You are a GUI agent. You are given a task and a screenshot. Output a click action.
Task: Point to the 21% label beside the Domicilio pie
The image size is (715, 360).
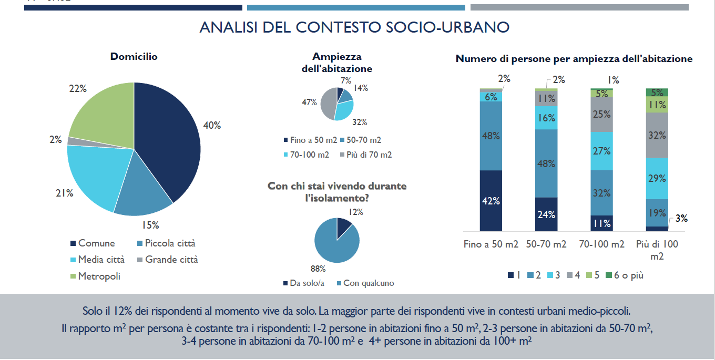click(64, 193)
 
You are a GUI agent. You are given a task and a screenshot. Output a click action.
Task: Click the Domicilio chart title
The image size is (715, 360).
click(134, 57)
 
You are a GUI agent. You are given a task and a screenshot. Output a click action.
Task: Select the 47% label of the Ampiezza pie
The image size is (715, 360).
click(309, 102)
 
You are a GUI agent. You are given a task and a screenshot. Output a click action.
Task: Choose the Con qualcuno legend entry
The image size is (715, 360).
click(368, 283)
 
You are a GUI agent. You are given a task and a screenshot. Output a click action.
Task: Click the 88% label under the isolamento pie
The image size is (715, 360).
click(318, 269)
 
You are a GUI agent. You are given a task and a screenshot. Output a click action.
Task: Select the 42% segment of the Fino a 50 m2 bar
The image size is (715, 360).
click(491, 201)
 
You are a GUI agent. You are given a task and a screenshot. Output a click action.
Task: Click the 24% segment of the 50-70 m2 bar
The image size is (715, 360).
click(546, 214)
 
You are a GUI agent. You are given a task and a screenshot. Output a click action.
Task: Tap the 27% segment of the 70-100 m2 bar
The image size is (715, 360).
click(601, 151)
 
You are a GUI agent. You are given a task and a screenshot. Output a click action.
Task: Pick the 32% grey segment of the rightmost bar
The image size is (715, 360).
click(657, 135)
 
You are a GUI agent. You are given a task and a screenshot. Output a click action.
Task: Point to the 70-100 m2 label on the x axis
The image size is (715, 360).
click(601, 244)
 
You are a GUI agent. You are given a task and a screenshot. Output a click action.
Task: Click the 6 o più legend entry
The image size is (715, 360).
click(624, 275)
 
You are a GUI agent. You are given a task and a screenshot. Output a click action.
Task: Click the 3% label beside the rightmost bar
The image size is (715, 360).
click(681, 219)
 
